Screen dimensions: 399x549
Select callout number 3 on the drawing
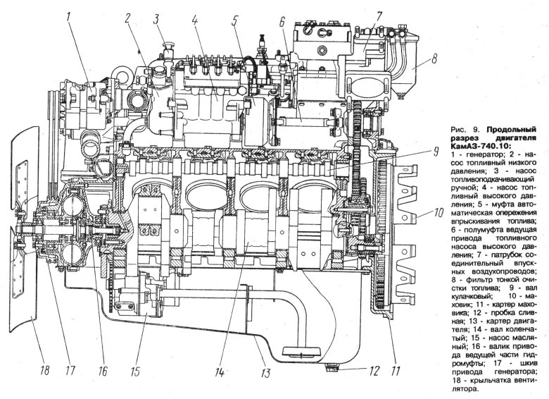tap(158, 19)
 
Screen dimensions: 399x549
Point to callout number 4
tap(195, 19)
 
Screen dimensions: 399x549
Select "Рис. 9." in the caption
tap(459, 130)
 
